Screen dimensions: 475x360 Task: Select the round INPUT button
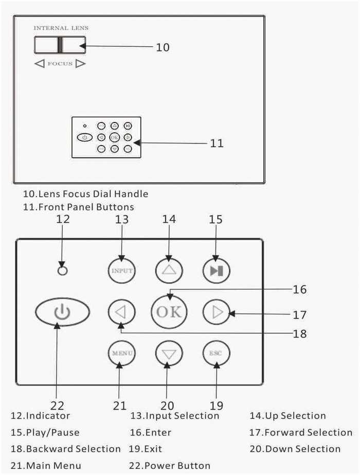click(121, 271)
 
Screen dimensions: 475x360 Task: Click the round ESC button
click(216, 354)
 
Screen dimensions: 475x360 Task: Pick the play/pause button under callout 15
click(216, 271)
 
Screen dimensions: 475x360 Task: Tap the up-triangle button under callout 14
click(169, 271)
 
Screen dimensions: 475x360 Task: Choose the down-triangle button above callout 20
click(169, 354)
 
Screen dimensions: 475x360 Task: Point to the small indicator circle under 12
click(63, 271)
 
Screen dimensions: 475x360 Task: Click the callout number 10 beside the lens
click(163, 47)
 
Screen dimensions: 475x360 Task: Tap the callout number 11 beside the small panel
click(217, 143)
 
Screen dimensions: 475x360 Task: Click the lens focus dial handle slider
click(60, 45)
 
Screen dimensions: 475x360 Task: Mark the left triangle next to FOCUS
click(40, 64)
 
